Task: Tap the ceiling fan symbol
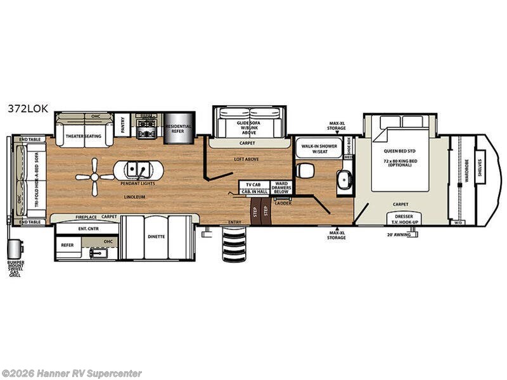pos(95,177)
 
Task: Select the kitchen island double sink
pos(138,170)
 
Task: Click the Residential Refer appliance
pos(179,129)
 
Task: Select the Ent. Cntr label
pos(87,228)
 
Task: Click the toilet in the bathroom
pos(305,169)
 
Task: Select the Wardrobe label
pos(466,170)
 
